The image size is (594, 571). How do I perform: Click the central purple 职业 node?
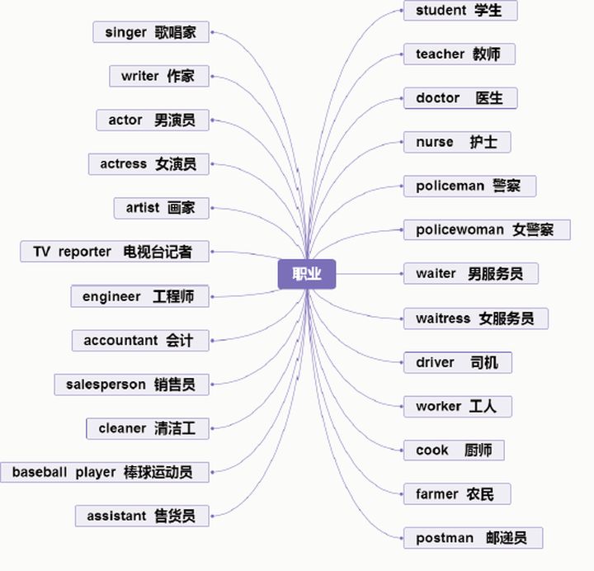[307, 274]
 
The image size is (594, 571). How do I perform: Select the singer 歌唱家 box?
[151, 33]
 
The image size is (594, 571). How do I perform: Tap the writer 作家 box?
[158, 76]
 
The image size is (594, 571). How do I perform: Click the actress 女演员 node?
[148, 164]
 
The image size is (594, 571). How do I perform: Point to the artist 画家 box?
[161, 208]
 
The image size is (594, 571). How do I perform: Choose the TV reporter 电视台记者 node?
[113, 252]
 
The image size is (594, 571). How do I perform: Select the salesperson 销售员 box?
[131, 385]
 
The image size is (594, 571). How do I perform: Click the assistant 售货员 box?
[141, 517]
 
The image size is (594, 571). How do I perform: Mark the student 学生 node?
[460, 11]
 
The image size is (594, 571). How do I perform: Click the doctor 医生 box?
[460, 98]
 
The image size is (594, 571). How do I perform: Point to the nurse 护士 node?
[456, 142]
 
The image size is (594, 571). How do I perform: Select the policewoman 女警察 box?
[486, 229]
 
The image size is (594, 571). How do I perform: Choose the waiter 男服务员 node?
[470, 273]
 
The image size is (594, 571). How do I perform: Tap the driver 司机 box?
[457, 362]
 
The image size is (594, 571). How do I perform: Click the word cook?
[432, 451]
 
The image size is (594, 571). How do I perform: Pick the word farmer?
[436, 494]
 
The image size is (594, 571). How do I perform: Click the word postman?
[445, 538]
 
